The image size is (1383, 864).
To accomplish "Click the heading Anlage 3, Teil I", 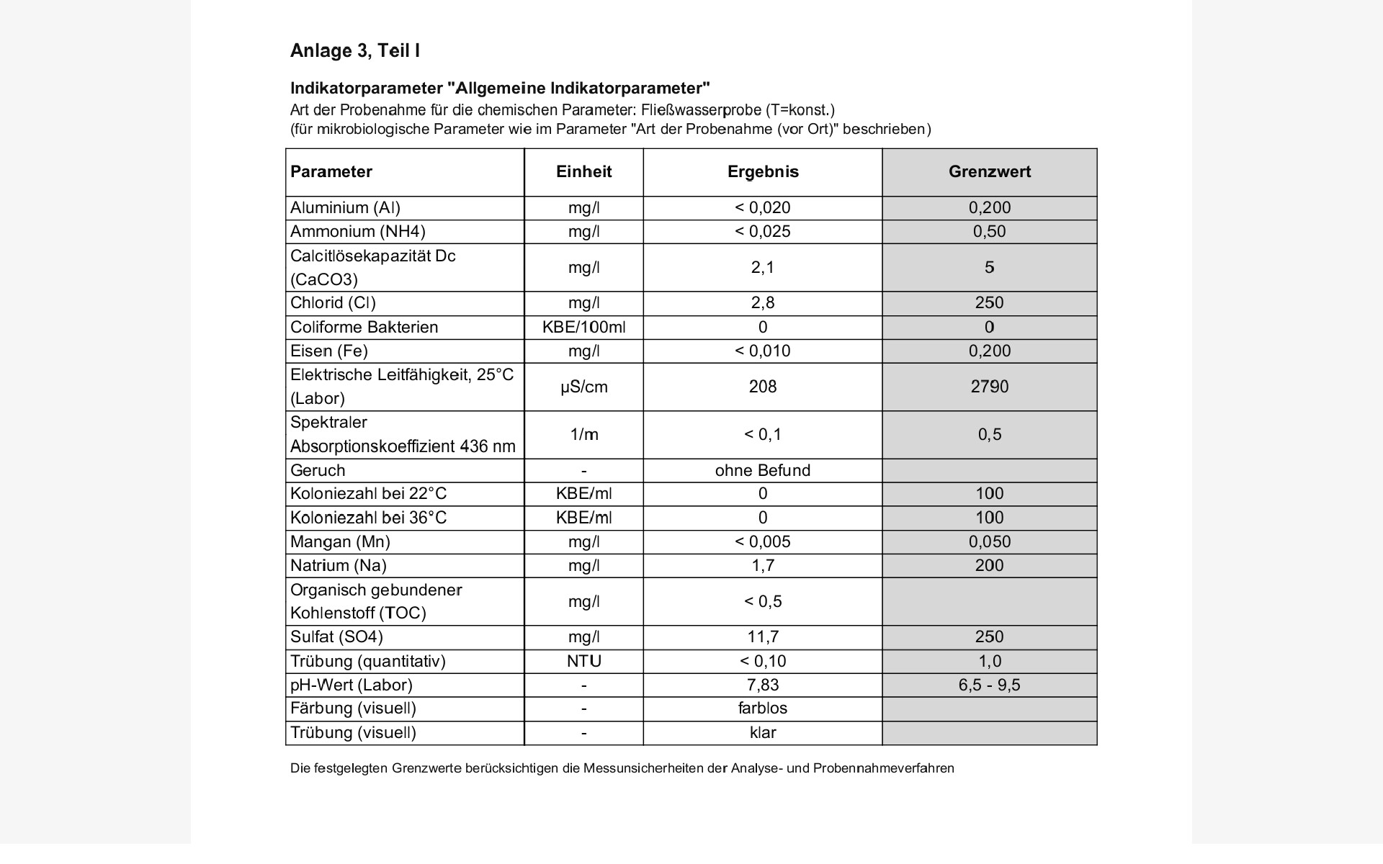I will pos(355,51).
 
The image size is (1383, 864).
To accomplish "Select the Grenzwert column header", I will pos(989,172).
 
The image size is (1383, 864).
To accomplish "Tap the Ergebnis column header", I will pos(763,172).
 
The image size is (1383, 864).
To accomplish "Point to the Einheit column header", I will pos(583,172).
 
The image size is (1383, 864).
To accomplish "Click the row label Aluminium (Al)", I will pos(345,208).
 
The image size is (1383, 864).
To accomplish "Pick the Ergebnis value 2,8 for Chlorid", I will pos(763,303).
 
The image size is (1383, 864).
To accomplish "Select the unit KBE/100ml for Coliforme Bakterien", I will pos(583,328).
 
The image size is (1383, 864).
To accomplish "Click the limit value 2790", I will pos(989,387).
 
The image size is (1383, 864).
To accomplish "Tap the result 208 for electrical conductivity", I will pos(763,387).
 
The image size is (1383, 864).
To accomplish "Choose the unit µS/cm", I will pos(583,387).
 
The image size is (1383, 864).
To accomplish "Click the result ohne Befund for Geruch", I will pos(763,471).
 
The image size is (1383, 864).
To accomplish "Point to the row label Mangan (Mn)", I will pos(340,542).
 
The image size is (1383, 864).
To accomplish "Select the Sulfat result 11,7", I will pos(763,637).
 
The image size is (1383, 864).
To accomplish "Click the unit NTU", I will pos(583,662).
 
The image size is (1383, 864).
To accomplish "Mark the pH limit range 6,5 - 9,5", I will pos(989,685).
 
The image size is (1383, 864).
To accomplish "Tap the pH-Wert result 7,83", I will pos(763,685).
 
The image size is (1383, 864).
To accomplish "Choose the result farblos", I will pos(763,708).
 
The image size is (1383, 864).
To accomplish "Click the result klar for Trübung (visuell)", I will pos(763,733).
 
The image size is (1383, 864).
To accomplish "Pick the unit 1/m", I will pos(583,435).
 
